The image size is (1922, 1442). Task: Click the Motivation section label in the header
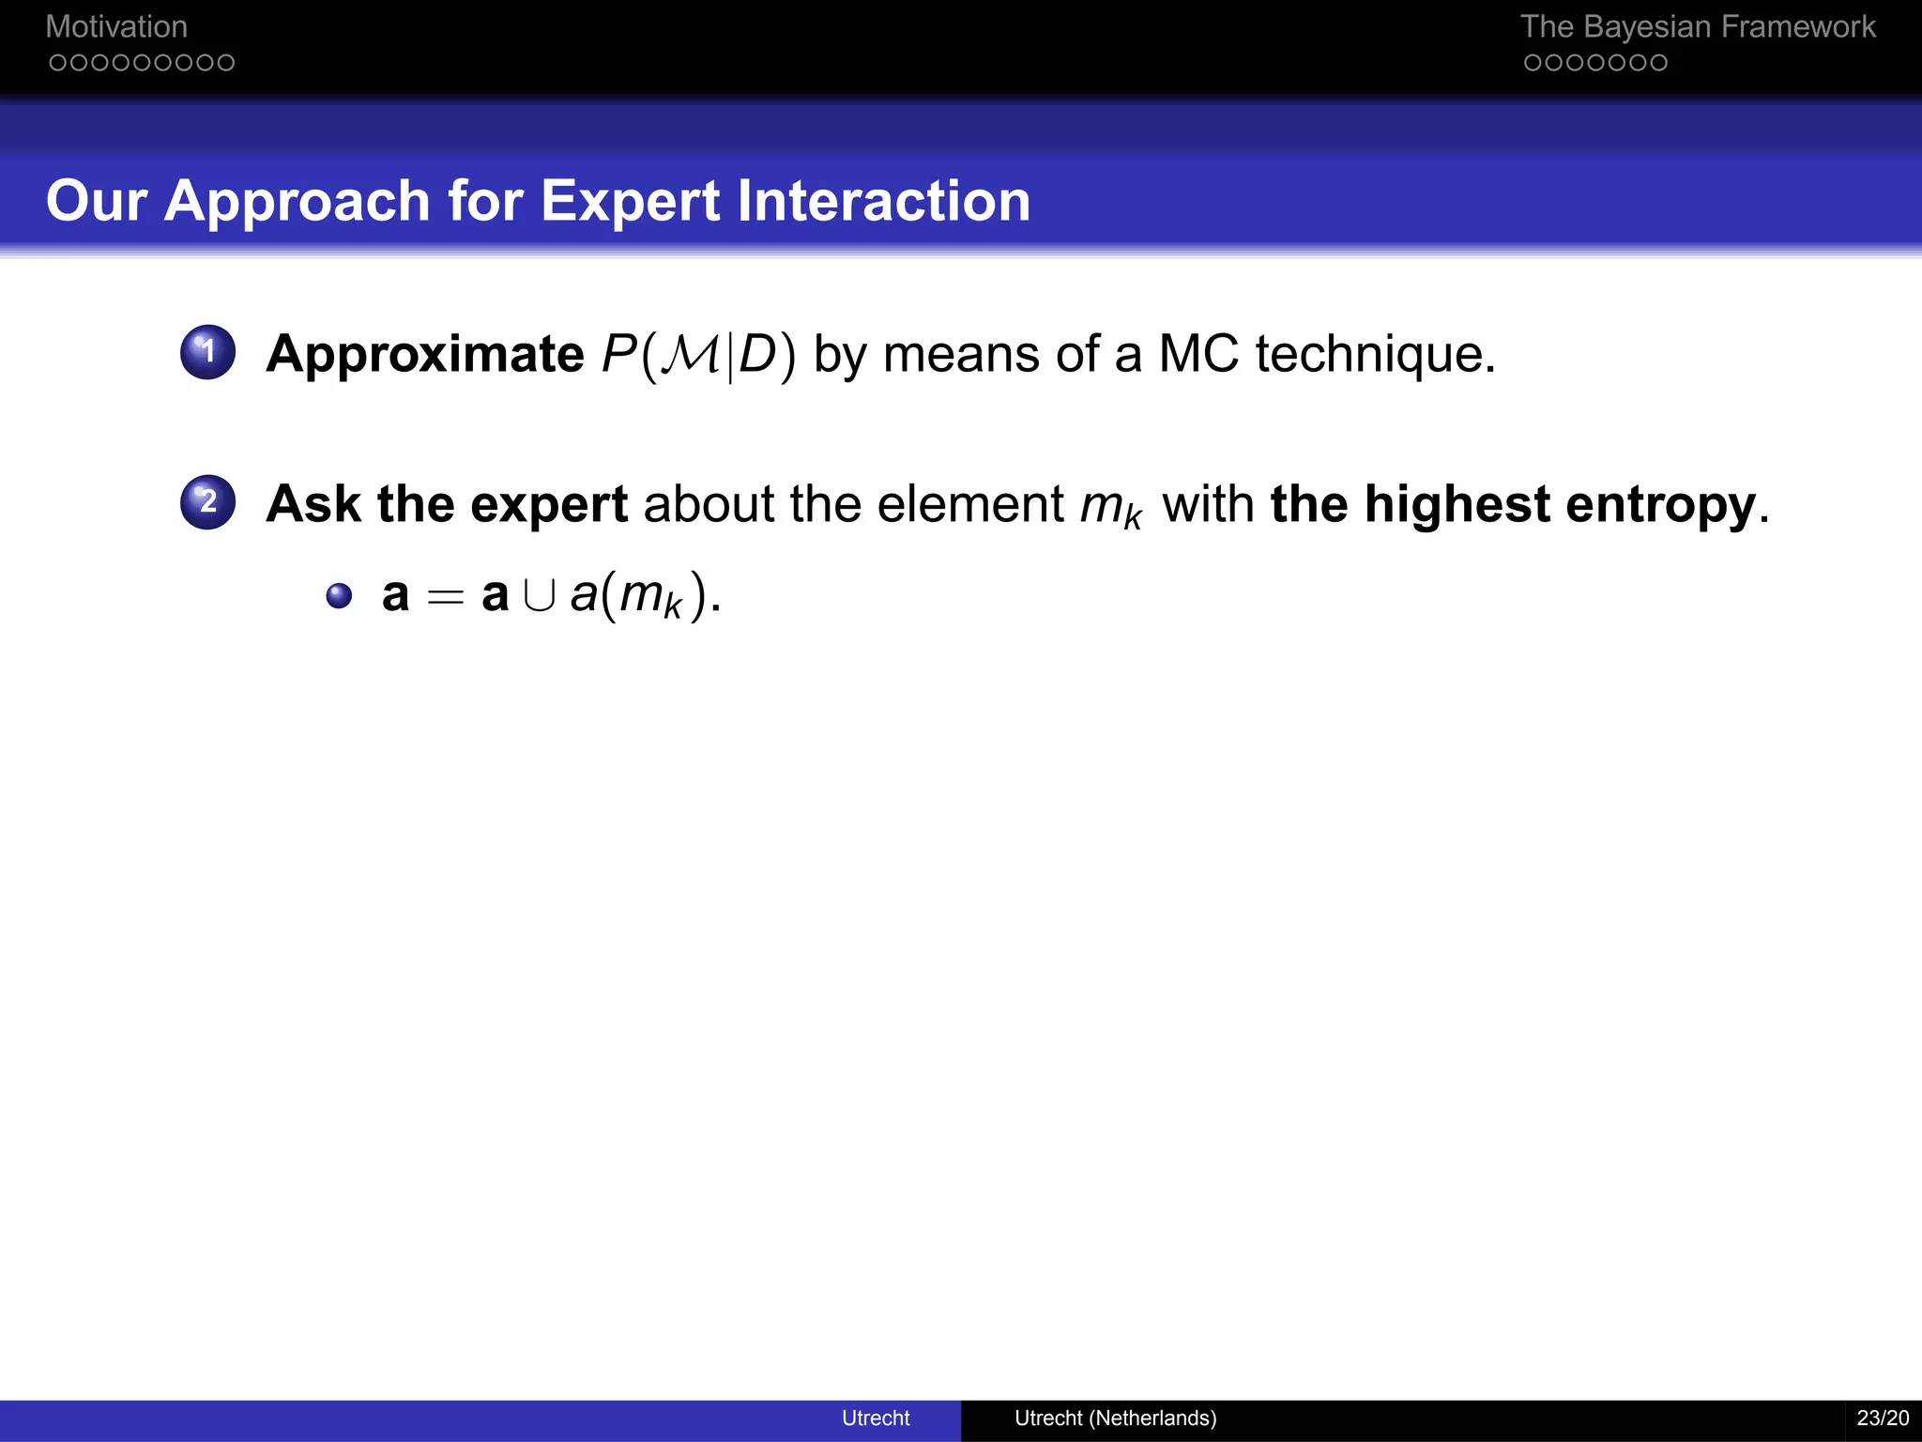coord(116,27)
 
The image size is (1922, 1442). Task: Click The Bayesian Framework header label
coord(1697,27)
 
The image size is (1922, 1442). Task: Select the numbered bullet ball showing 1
coord(207,352)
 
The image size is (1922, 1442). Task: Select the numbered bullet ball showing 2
coord(207,502)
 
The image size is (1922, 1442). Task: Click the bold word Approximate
coord(425,355)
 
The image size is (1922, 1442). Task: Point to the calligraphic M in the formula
coord(691,355)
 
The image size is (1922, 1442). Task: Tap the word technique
coord(1374,355)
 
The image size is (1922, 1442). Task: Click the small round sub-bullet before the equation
coord(339,596)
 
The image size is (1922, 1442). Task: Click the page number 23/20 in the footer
coord(1883,1418)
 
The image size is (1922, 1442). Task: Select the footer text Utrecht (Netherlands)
coord(1115,1418)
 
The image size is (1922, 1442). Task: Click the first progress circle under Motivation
coord(58,63)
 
